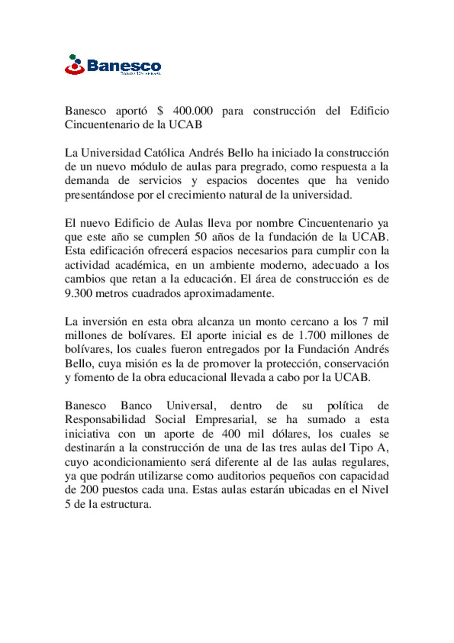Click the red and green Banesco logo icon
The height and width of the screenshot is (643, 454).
point(75,65)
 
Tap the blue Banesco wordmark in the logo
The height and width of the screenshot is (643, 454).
point(124,66)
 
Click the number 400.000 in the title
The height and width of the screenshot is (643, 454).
point(193,111)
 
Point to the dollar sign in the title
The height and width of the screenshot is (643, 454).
point(160,111)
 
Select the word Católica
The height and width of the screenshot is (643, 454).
point(164,153)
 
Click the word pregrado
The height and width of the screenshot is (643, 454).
point(262,167)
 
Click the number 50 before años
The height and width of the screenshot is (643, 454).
point(201,237)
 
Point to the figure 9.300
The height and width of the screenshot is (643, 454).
point(78,293)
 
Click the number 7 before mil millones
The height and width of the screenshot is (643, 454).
point(365,321)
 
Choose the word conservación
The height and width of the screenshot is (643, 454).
point(356,364)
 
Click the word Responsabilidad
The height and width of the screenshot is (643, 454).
point(105,420)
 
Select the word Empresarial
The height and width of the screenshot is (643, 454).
point(226,420)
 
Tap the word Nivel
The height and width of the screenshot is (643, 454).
point(375,490)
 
